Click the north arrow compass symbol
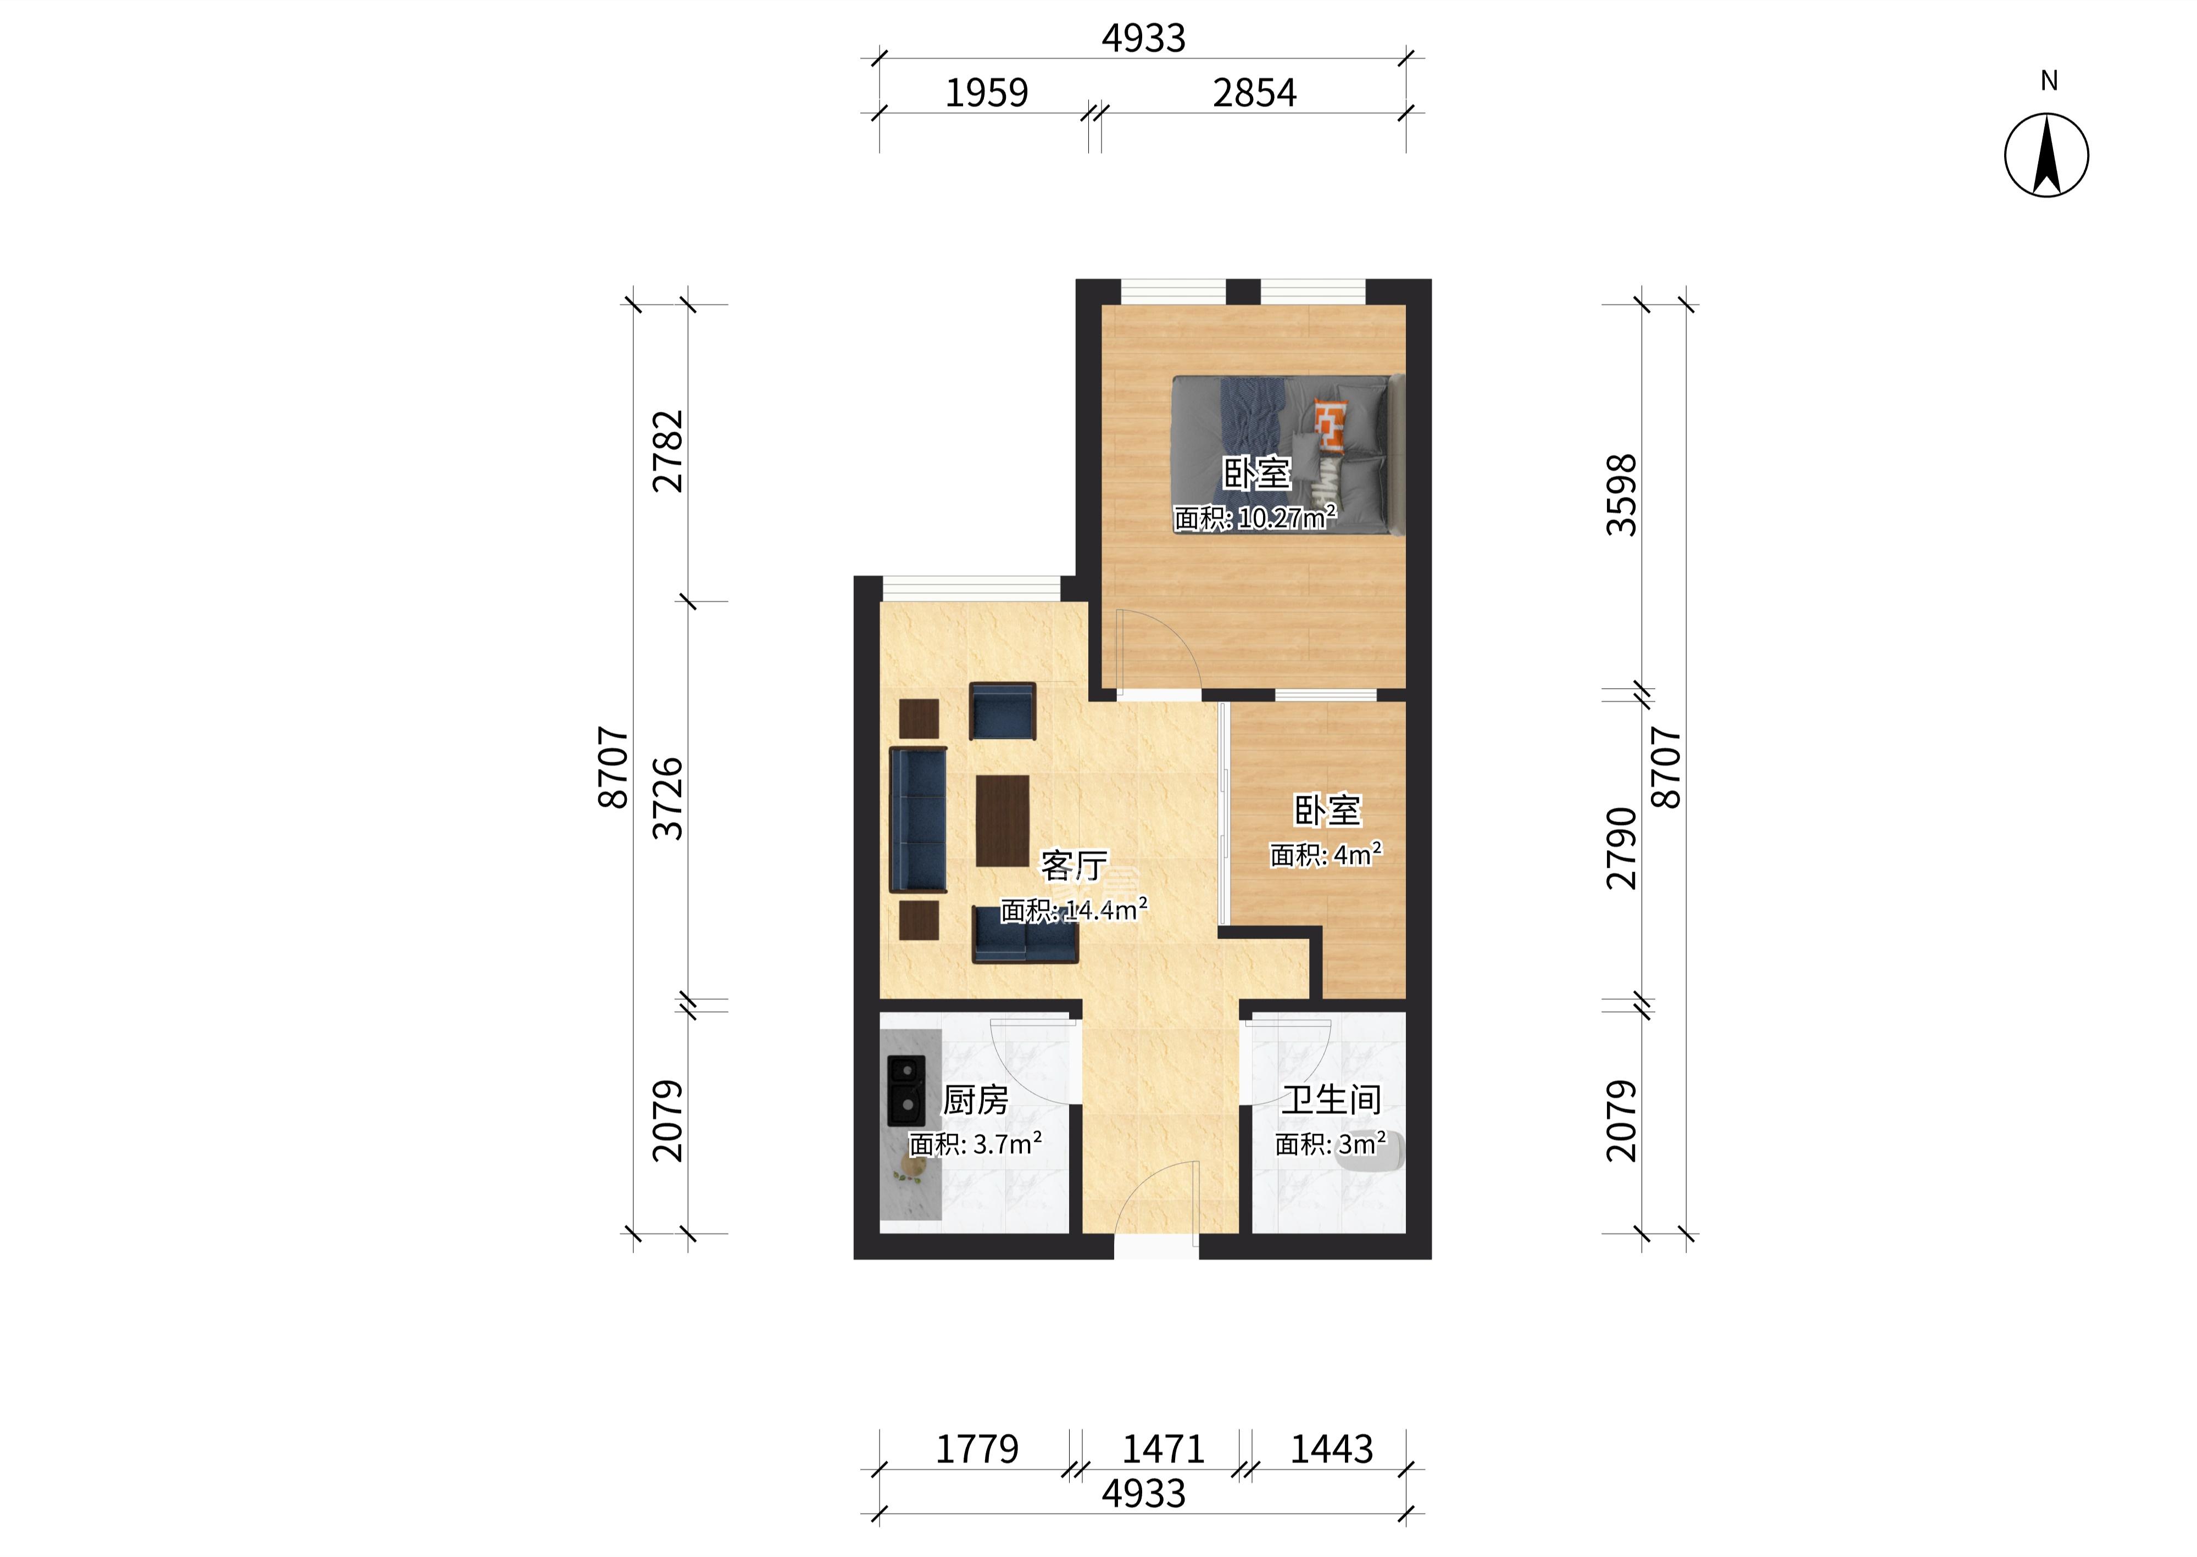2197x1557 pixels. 2046,155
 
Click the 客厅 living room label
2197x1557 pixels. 1074,866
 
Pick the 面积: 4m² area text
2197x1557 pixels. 1326,854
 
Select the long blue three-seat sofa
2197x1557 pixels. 247,820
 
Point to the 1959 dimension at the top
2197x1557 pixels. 987,93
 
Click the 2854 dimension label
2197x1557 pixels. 1254,93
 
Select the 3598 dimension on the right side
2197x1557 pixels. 1622,495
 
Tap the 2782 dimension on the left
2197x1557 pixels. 669,451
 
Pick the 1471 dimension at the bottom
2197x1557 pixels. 1163,1449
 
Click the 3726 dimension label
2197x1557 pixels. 669,799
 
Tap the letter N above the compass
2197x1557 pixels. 2048,81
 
